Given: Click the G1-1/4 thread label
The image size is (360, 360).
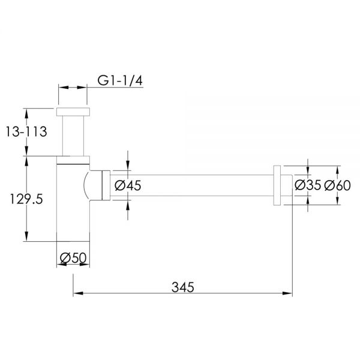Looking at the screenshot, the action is [x=120, y=80].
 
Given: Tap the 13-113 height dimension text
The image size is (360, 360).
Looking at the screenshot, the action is [x=26, y=131].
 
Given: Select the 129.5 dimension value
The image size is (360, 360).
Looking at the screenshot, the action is [x=26, y=199].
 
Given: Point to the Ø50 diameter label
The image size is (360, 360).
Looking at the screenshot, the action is [x=73, y=257].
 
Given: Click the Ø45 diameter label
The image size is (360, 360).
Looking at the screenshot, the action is [x=128, y=185].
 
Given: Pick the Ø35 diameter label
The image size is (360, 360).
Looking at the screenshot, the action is [x=308, y=185].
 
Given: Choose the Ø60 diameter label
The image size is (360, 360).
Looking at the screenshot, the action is [x=337, y=185].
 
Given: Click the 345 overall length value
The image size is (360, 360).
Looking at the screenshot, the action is [x=183, y=287].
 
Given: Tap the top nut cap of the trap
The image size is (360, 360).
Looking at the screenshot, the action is [x=73, y=112].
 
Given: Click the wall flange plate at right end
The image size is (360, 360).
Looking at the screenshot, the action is [x=277, y=185].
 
